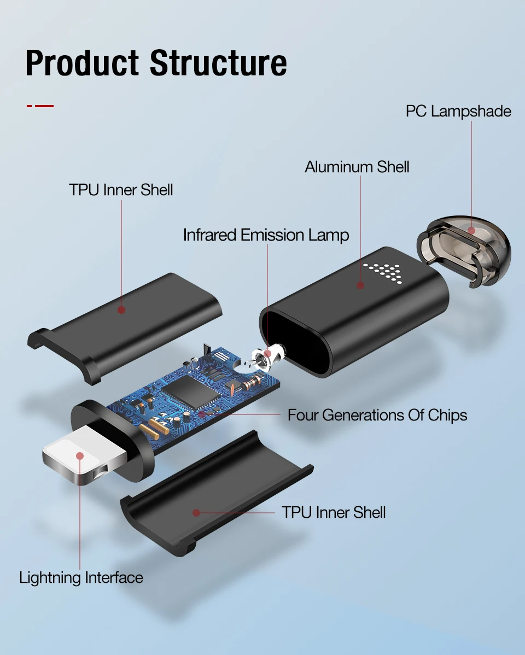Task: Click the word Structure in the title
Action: click(218, 63)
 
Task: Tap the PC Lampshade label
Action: click(458, 111)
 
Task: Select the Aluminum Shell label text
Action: click(357, 167)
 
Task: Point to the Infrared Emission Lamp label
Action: click(266, 235)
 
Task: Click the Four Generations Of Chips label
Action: click(377, 415)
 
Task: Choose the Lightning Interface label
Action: click(81, 577)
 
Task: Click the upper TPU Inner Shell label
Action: click(121, 190)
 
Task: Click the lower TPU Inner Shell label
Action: click(334, 512)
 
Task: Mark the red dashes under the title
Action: click(40, 106)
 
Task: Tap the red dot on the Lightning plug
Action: click(80, 455)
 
